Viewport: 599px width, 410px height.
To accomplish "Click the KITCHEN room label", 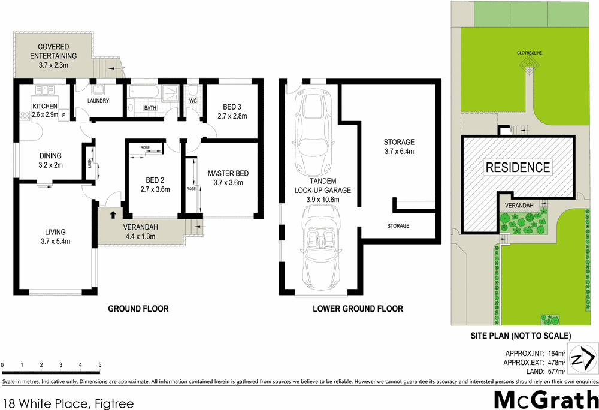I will click(45, 106).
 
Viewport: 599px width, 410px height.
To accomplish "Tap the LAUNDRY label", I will click(98, 101).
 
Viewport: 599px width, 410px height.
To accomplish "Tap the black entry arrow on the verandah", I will click(113, 214).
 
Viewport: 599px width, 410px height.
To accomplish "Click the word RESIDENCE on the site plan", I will click(518, 167).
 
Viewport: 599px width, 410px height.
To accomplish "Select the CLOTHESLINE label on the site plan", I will click(530, 53).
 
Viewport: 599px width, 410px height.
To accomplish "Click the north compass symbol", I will click(582, 359).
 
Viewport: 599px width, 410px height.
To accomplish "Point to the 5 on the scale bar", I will click(99, 364).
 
